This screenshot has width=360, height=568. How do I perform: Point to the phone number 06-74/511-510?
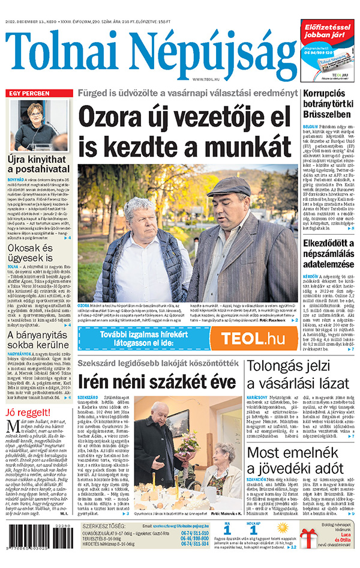[x=193, y=533]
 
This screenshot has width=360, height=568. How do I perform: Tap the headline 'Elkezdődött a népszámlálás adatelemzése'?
[x=331, y=254]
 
